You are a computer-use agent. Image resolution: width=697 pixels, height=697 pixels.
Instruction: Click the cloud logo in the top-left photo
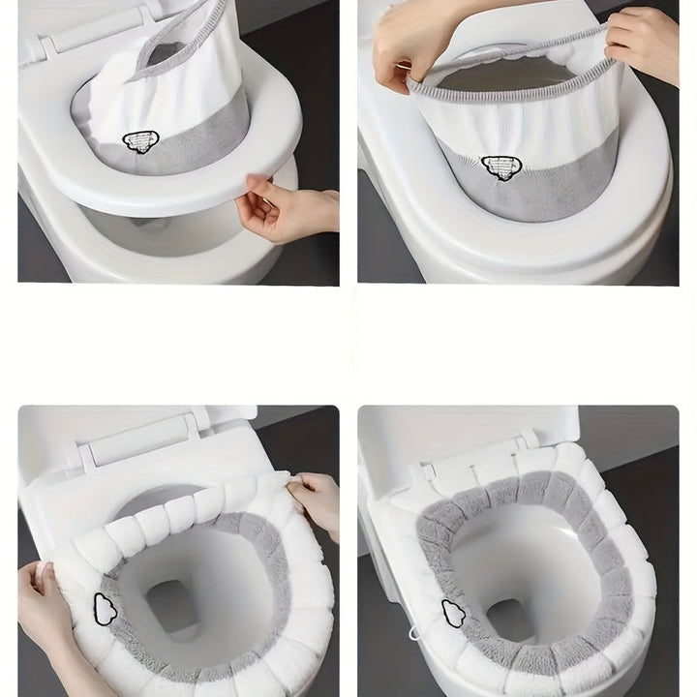pos(140,142)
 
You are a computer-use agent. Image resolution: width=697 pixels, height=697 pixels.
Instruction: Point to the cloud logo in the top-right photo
pos(499,167)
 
